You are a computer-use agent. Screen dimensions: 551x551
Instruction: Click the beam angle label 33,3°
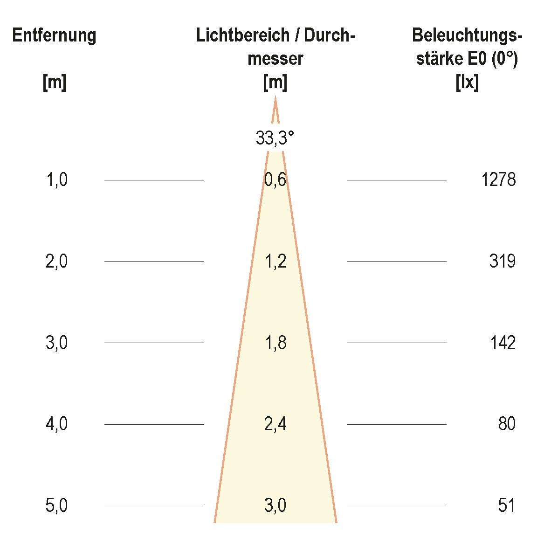pyautogui.click(x=275, y=138)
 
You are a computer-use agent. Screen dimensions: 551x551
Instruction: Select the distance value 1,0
pyautogui.click(x=57, y=180)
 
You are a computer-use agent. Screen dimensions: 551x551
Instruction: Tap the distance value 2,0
pyautogui.click(x=57, y=262)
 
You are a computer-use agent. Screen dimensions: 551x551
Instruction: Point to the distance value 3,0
pyautogui.click(x=57, y=343)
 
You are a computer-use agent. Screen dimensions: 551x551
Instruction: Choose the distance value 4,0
pyautogui.click(x=57, y=424)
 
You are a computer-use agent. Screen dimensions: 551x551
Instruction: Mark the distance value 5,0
pyautogui.click(x=57, y=506)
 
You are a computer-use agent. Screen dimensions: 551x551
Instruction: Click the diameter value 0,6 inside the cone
pyautogui.click(x=275, y=180)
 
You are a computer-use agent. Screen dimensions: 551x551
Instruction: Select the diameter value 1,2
pyautogui.click(x=275, y=262)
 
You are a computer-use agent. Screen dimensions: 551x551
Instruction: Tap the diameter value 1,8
pyautogui.click(x=275, y=343)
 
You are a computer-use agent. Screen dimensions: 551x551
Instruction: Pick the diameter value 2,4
pyautogui.click(x=275, y=424)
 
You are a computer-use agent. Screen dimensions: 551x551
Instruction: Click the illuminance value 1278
pyautogui.click(x=498, y=180)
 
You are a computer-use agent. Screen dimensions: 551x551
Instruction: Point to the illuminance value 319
pyautogui.click(x=502, y=262)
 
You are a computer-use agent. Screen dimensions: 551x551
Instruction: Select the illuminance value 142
pyautogui.click(x=503, y=343)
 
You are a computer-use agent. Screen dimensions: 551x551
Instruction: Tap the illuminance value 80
pyautogui.click(x=506, y=424)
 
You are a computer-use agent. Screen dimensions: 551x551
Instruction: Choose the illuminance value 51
pyautogui.click(x=506, y=506)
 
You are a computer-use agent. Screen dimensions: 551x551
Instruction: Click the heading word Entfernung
pyautogui.click(x=55, y=36)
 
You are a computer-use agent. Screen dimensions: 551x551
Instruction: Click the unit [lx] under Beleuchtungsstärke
pyautogui.click(x=467, y=83)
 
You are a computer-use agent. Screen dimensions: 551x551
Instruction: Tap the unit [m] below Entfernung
pyautogui.click(x=55, y=83)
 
